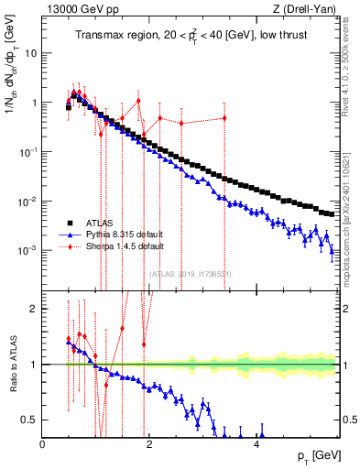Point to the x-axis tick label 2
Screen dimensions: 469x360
[150, 446]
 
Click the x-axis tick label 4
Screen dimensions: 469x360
[257, 446]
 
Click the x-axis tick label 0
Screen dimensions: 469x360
[43, 446]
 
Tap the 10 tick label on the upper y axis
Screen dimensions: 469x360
[31, 53]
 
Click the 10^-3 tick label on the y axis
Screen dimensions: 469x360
[28, 250]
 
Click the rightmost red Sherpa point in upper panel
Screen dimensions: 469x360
[224, 118]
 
